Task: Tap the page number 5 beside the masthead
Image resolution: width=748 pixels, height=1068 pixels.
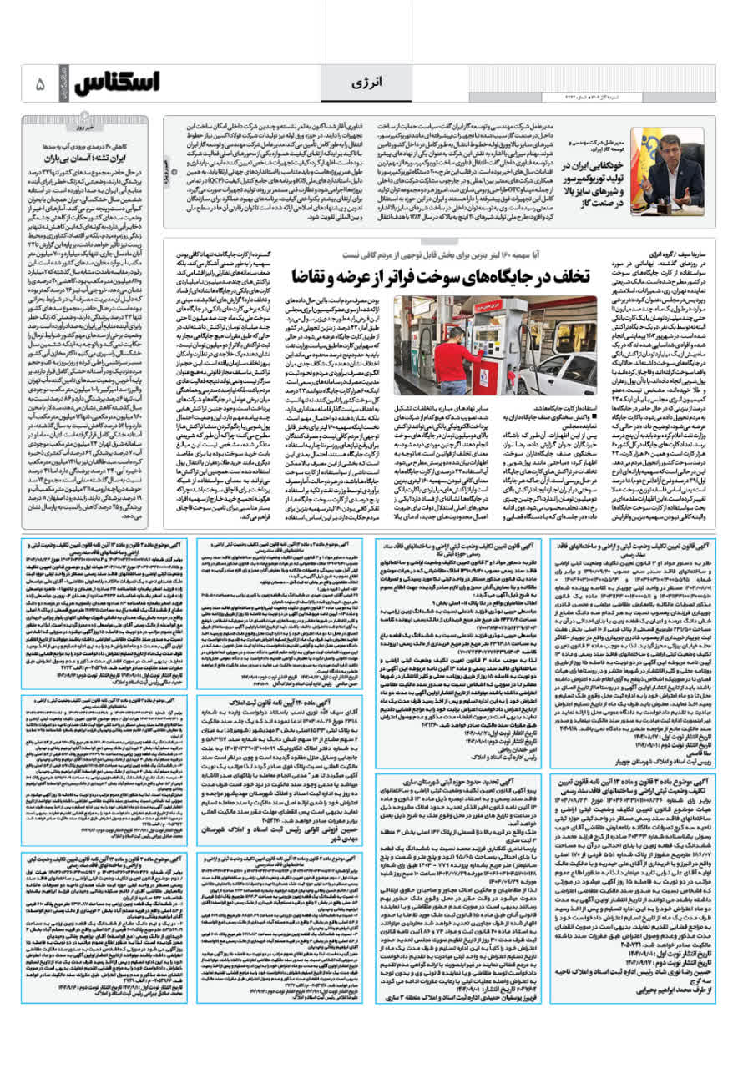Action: tap(39, 85)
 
